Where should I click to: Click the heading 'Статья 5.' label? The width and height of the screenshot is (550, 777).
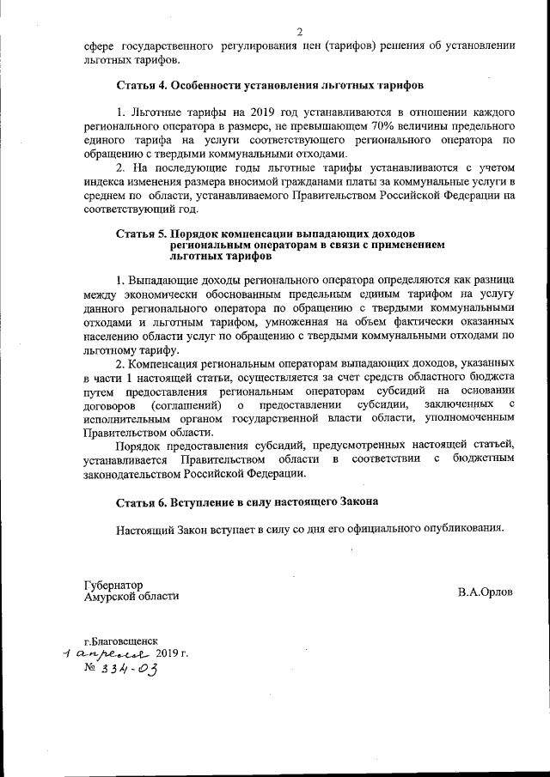(142, 234)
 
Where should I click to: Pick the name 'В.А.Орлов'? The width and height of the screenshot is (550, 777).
(486, 593)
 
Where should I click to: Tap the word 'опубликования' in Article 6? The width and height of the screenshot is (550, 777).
(461, 528)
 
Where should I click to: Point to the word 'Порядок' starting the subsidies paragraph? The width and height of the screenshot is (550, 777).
(139, 445)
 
